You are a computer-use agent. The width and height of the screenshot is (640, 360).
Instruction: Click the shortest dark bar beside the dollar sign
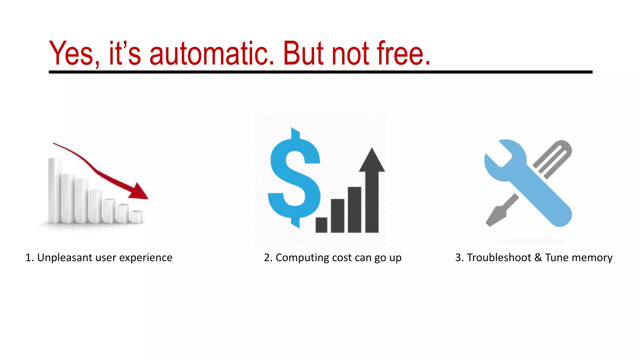(x=321, y=225)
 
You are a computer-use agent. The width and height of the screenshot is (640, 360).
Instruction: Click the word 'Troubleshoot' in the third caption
(x=499, y=257)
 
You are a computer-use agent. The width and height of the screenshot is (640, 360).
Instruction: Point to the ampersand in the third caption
(x=538, y=257)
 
